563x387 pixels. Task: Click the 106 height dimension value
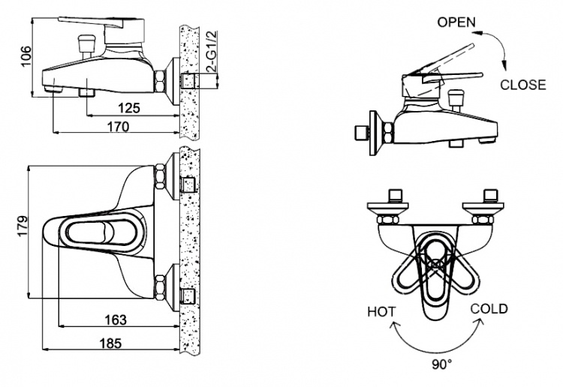point(26,56)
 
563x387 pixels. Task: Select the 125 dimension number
point(129,107)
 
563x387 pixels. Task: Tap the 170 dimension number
point(118,126)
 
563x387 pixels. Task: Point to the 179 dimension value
point(23,226)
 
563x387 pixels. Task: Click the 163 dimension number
point(116,319)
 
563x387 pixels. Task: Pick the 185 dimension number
point(110,343)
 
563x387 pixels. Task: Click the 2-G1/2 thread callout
point(212,52)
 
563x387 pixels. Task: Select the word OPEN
point(456,22)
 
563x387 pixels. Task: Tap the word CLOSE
point(523,85)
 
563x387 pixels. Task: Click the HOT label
point(381,312)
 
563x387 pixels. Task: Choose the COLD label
point(489,309)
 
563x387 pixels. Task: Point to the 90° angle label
point(442,364)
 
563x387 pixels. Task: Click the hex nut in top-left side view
point(160,81)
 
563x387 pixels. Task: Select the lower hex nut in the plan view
point(160,287)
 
